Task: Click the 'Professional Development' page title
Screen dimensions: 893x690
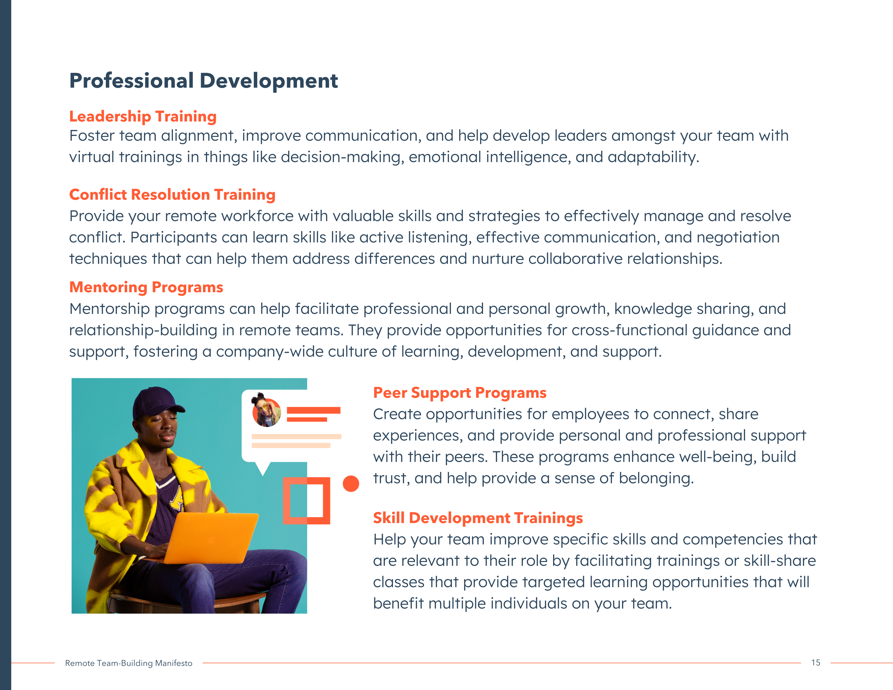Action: [203, 81]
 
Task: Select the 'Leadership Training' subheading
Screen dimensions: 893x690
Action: [143, 117]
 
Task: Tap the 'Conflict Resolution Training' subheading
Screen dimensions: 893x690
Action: [172, 195]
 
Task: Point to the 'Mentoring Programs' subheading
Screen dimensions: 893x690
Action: [146, 287]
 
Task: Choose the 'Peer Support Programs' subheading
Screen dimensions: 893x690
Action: [459, 393]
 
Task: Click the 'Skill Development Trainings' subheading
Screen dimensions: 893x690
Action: [478, 518]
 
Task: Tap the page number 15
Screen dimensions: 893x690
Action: [816, 663]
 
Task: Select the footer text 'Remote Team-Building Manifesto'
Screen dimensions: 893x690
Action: [129, 663]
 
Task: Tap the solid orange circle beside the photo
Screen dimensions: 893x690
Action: [351, 484]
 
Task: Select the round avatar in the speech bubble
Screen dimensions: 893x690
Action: [267, 412]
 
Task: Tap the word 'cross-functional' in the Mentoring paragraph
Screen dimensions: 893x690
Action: [630, 330]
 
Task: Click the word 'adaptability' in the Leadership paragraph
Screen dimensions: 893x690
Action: [654, 158]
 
